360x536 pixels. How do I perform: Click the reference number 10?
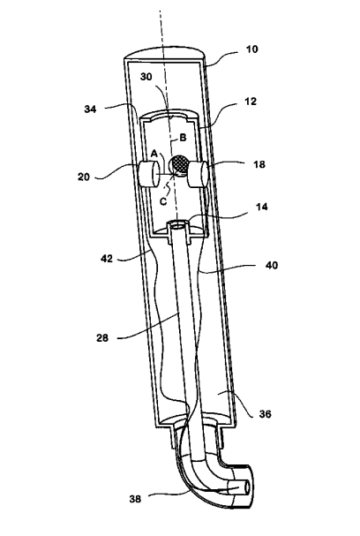tap(252, 49)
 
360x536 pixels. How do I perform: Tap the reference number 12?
tap(251, 102)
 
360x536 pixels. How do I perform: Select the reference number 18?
tap(259, 164)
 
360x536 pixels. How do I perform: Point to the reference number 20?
tap(83, 177)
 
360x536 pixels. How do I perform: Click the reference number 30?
tap(146, 77)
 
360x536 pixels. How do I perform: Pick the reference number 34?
tap(91, 109)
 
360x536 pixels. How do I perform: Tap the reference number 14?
tap(262, 207)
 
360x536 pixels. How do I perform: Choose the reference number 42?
tap(107, 259)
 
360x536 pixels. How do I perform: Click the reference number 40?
tap(272, 265)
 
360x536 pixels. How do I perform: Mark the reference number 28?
tap(102, 338)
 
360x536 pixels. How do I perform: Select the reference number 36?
tap(265, 414)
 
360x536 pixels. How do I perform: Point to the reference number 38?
tap(135, 499)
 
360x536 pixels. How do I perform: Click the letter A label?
tap(154, 154)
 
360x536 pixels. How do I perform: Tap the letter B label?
tap(183, 138)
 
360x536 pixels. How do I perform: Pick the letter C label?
tap(163, 201)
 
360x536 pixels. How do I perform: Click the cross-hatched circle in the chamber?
tap(180, 164)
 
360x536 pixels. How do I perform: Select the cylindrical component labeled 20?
tap(148, 174)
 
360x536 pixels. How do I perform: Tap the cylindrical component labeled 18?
tap(198, 174)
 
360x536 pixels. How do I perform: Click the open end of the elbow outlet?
tap(245, 488)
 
